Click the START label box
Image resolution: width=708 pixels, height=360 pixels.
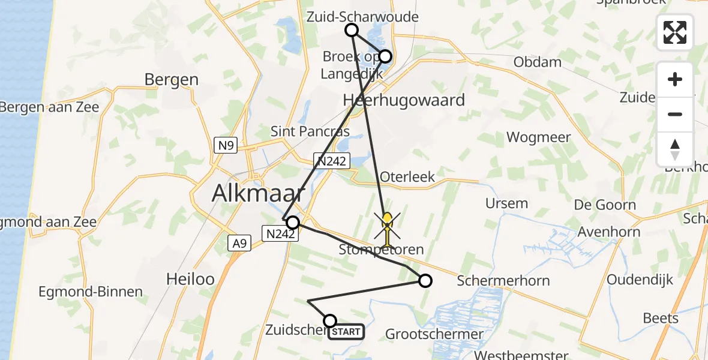click(x=346, y=332)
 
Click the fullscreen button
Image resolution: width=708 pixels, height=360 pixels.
click(x=675, y=32)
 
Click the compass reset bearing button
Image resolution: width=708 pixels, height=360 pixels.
click(x=675, y=149)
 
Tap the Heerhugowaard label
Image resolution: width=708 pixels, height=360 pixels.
click(x=404, y=100)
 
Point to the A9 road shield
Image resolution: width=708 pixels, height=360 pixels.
click(x=239, y=242)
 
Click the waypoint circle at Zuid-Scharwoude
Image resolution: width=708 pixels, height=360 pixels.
click(x=352, y=30)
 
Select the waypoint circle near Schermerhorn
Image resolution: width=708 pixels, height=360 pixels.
click(x=425, y=281)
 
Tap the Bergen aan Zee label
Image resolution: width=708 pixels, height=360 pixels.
click(x=49, y=108)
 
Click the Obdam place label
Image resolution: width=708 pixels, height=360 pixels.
click(x=537, y=62)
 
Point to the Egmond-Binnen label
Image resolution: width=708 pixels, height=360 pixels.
click(x=91, y=292)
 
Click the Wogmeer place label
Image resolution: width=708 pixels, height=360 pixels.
click(x=538, y=137)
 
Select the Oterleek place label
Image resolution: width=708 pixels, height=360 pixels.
click(x=407, y=177)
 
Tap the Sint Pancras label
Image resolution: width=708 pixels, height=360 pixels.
click(x=310, y=131)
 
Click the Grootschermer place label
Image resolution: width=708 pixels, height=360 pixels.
click(x=434, y=334)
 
